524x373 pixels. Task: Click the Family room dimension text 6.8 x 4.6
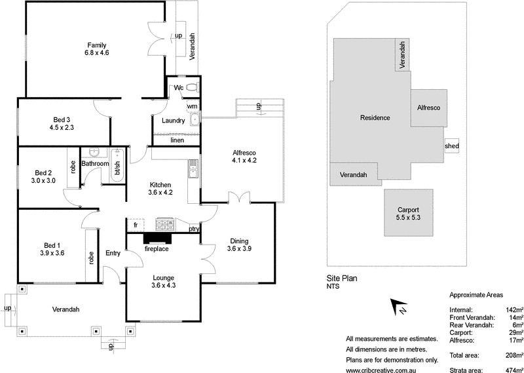[96, 53]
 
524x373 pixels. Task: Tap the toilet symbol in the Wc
[192, 87]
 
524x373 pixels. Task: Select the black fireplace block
[157, 240]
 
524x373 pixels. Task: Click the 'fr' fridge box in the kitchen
[135, 224]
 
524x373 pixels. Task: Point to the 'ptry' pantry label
[194, 229]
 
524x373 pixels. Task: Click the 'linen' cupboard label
[177, 140]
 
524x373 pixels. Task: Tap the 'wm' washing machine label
[192, 106]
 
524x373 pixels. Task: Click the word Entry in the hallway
[113, 253]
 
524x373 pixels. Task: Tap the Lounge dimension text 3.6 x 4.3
[164, 285]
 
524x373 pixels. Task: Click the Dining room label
[238, 241]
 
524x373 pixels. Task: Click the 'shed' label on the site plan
[452, 146]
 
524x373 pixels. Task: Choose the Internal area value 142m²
[513, 309]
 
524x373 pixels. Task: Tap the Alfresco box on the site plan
[429, 107]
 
